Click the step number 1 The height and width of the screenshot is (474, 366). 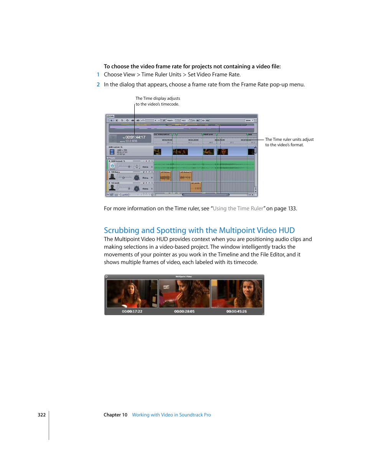point(98,75)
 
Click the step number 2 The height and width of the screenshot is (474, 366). point(98,85)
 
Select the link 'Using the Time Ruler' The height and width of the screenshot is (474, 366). point(238,209)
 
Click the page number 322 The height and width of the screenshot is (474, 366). point(41,415)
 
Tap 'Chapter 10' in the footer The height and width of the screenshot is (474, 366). point(115,415)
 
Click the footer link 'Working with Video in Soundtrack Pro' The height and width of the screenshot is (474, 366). point(171,415)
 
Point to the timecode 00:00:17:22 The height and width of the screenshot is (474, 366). point(132,312)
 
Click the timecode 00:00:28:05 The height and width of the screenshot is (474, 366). point(184,312)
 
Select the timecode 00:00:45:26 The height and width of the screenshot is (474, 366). point(236,312)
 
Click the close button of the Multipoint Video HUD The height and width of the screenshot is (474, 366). point(107,276)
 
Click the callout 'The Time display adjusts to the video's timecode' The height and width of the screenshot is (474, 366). point(157,101)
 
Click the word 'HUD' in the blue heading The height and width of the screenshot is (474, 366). point(287,230)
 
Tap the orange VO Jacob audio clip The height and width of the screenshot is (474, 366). point(196,187)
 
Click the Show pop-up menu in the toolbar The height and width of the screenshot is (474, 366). point(249,121)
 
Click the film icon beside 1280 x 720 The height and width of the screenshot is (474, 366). point(112,152)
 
